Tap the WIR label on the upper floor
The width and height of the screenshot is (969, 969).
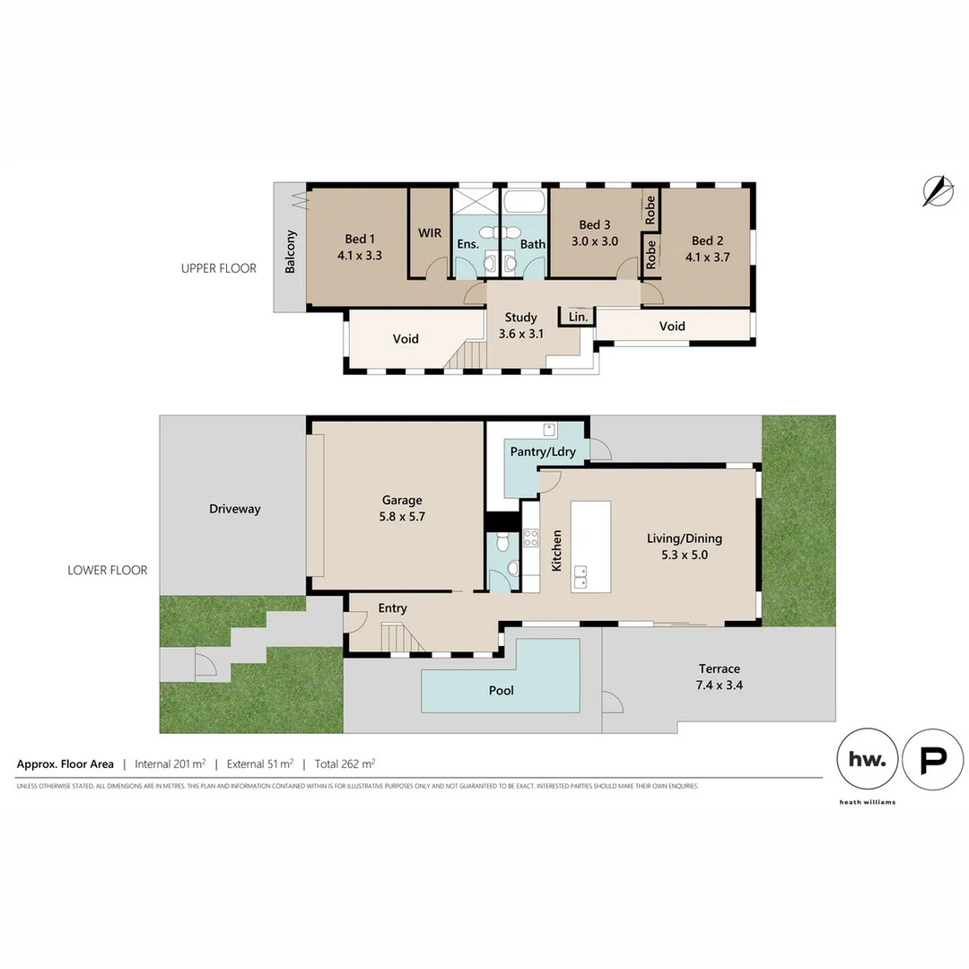pyautogui.click(x=429, y=232)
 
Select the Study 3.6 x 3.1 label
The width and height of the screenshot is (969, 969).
pyautogui.click(x=520, y=325)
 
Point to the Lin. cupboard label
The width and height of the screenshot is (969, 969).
pyautogui.click(x=578, y=317)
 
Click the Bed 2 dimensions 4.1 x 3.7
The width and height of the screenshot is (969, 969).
pyautogui.click(x=707, y=255)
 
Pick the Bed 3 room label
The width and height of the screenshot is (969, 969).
pyautogui.click(x=594, y=224)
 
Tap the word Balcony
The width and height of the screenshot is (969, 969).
pyautogui.click(x=291, y=252)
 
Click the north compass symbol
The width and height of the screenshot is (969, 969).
pyautogui.click(x=937, y=190)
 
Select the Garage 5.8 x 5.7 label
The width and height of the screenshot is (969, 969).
pyautogui.click(x=401, y=508)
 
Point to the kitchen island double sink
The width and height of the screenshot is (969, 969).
pyautogui.click(x=581, y=575)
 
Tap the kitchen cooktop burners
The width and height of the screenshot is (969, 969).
pyautogui.click(x=530, y=538)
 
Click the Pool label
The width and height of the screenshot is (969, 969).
pyautogui.click(x=501, y=691)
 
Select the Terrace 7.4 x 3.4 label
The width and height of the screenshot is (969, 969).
pyautogui.click(x=720, y=676)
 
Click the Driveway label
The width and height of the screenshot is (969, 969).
pyautogui.click(x=234, y=509)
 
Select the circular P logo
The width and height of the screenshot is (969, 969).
pyautogui.click(x=932, y=759)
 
